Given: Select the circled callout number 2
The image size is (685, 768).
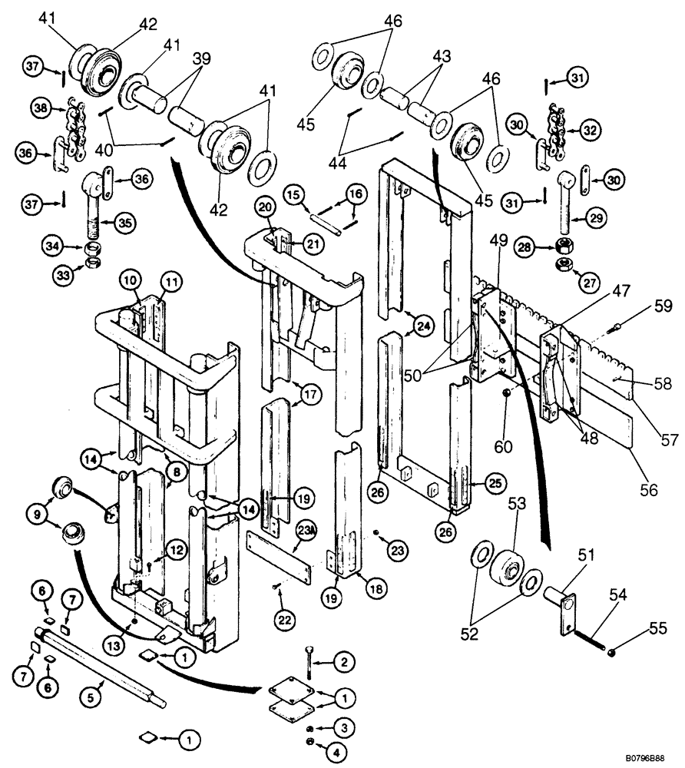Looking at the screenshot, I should click(x=344, y=661).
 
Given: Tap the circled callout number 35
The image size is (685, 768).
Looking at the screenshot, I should click(x=125, y=223).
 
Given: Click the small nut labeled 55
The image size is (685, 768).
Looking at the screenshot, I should click(x=612, y=654).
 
